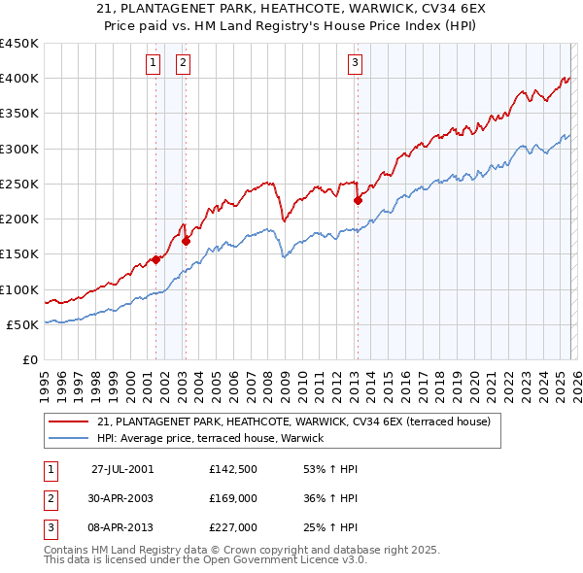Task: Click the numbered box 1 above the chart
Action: click(x=154, y=64)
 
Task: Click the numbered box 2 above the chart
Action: click(x=184, y=64)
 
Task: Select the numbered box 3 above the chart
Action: click(x=355, y=64)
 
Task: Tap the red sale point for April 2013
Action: click(x=358, y=201)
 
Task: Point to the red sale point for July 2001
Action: click(x=155, y=259)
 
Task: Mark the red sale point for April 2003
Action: click(x=186, y=241)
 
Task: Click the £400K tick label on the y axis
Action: click(x=19, y=79)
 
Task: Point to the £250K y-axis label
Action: click(x=19, y=184)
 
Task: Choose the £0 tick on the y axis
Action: click(x=29, y=359)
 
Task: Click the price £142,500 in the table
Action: click(x=233, y=469)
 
